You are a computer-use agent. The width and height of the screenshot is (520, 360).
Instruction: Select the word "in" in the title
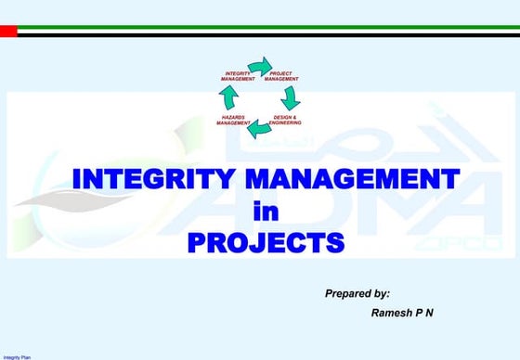tap(266, 211)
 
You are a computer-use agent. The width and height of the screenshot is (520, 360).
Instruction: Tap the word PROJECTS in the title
tap(266, 243)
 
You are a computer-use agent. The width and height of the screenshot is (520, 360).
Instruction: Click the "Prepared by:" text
tap(357, 293)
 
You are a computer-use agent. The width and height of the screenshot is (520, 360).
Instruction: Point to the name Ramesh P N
tap(402, 313)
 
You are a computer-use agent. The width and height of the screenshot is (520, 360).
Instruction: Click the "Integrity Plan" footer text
tap(17, 355)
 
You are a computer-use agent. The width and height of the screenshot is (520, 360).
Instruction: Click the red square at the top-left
tap(8, 31)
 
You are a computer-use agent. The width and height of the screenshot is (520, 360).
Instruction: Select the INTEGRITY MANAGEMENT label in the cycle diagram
tap(239, 76)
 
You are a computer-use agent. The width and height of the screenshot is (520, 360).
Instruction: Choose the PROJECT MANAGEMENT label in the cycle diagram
tap(281, 76)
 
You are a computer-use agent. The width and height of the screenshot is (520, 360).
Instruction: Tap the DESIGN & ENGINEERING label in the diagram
tap(284, 121)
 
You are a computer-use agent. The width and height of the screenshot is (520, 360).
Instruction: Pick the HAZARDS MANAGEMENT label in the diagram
tap(234, 121)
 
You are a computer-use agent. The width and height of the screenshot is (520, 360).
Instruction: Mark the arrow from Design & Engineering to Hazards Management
tap(259, 129)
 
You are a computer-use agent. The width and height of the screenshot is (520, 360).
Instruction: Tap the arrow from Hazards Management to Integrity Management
tap(229, 97)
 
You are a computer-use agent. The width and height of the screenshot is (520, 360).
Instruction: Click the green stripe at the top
tap(260, 27)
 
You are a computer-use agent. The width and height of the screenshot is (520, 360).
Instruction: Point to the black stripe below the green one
tap(260, 34)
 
